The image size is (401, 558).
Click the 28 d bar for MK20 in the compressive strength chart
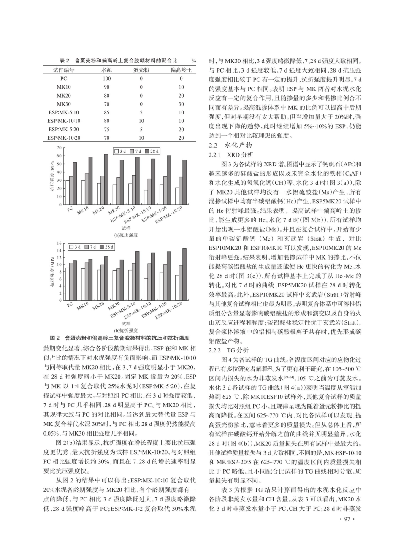[106, 179]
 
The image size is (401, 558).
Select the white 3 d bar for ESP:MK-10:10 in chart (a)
[146, 198]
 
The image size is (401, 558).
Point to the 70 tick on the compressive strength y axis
[60, 148]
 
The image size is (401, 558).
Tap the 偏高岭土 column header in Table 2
[181, 70]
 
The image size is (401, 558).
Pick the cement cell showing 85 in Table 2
[107, 112]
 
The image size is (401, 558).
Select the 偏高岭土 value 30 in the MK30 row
[181, 104]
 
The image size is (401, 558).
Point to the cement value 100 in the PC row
[107, 79]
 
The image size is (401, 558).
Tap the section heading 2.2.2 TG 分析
[229, 350]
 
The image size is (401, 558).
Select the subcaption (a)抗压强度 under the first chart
[126, 235]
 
